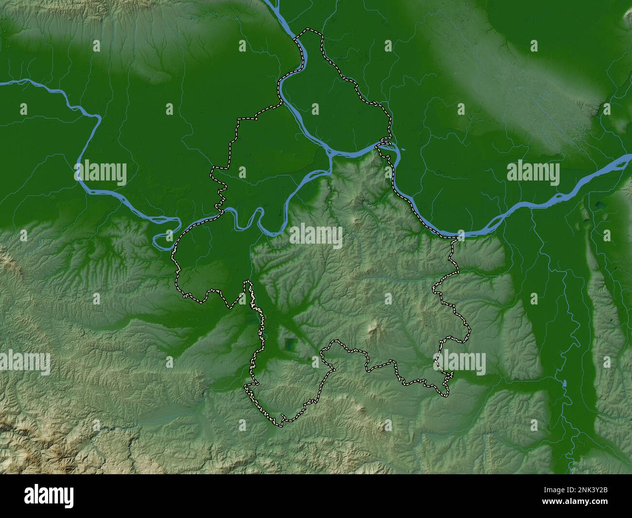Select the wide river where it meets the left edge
tap(4, 84)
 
